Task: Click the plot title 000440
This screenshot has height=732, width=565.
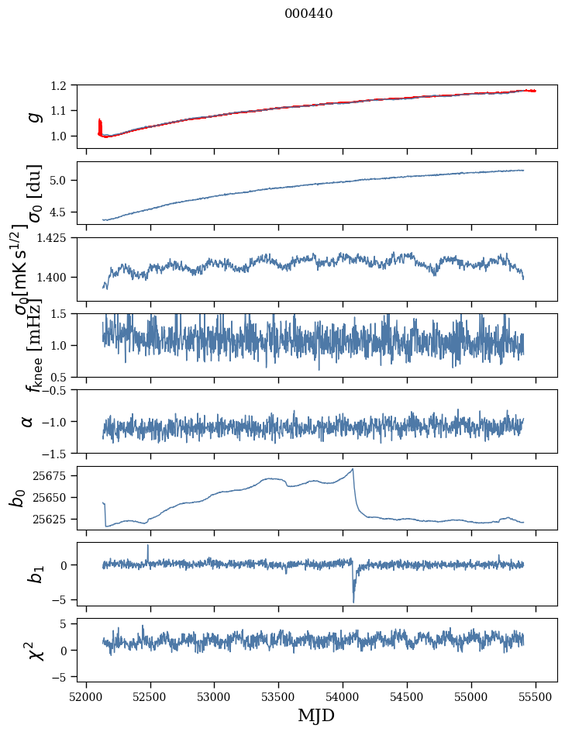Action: click(x=308, y=13)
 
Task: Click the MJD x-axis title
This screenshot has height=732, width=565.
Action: click(x=316, y=716)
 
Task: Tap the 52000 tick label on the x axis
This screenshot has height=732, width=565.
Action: click(x=86, y=696)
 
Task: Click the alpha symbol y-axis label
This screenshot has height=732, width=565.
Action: click(x=27, y=421)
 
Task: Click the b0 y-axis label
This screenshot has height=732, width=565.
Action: click(x=18, y=497)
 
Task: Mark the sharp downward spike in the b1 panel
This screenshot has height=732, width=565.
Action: click(x=353, y=601)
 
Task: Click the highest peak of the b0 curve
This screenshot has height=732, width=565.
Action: click(x=353, y=469)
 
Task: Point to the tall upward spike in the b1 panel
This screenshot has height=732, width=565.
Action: click(x=148, y=546)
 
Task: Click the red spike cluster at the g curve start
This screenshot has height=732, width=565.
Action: click(x=100, y=126)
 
